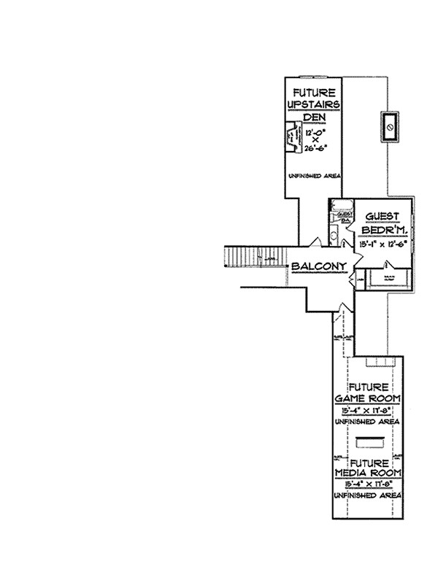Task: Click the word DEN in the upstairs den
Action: (314, 118)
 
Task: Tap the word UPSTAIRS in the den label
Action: (314, 105)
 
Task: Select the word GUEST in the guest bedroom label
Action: (380, 216)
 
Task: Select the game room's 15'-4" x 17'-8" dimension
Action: (369, 411)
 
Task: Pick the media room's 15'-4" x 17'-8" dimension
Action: (369, 484)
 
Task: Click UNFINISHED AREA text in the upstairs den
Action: (314, 176)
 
